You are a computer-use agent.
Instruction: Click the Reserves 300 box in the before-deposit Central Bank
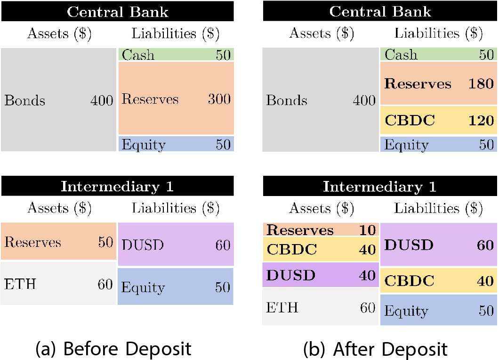click(176, 99)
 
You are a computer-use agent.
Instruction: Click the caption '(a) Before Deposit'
click(113, 349)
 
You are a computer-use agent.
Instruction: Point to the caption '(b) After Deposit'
click(375, 349)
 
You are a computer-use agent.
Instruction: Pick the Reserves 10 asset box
click(321, 230)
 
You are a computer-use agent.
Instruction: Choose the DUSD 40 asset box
click(321, 275)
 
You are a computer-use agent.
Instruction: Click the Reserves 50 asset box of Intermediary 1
click(58, 242)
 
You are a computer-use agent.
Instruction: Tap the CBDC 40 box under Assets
click(321, 249)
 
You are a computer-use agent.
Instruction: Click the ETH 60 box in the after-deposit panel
click(321, 307)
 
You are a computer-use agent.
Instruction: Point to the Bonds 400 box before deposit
click(58, 100)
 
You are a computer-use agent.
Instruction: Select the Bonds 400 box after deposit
click(321, 100)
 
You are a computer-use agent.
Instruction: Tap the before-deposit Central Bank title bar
click(117, 11)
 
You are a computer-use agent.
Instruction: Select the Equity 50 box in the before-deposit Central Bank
click(176, 144)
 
